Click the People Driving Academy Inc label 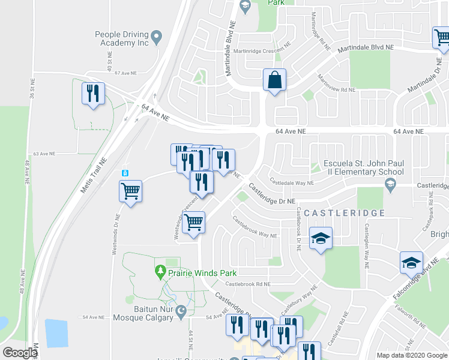pos(121,39)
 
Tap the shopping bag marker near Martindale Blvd pos(274,80)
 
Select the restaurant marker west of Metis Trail pos(93,94)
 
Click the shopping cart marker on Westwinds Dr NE pos(130,192)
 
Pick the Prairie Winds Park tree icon pos(160,272)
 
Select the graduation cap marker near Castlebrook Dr pos(321,239)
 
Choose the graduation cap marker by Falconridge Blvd pos(412,262)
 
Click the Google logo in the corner pos(20,352)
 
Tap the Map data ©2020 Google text pos(412,355)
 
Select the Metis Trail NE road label pos(94,175)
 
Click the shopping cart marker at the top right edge pos(442,38)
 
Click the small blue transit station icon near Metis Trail pos(125,173)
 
